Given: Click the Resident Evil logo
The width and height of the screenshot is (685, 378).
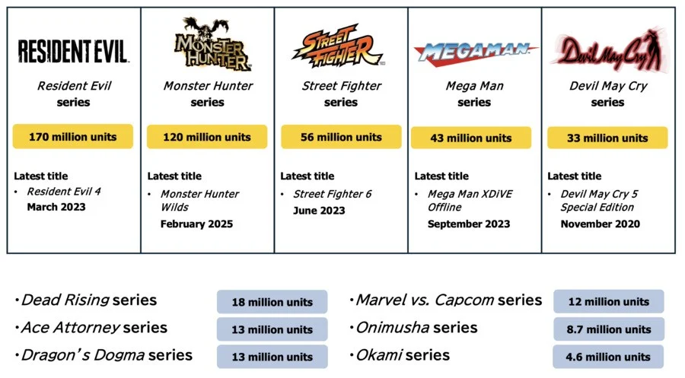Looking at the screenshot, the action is pyautogui.click(x=73, y=51).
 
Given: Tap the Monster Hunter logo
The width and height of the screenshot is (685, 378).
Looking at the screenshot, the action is pyautogui.click(x=211, y=43).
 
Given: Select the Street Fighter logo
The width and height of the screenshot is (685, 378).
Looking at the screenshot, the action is pyautogui.click(x=338, y=46).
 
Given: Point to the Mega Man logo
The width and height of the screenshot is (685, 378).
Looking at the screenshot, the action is pyautogui.click(x=475, y=54).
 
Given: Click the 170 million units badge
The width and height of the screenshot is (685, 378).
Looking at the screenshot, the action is pyautogui.click(x=73, y=137).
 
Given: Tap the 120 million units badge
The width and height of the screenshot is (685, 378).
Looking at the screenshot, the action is pyautogui.click(x=207, y=137).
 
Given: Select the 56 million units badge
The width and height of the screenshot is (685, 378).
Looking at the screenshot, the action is pyautogui.click(x=341, y=137).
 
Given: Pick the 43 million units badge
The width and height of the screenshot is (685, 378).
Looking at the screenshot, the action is pyautogui.click(x=471, y=138).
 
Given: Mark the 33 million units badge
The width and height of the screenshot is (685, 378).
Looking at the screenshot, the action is pyautogui.click(x=607, y=138).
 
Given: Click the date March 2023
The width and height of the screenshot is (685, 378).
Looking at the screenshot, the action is pyautogui.click(x=56, y=207).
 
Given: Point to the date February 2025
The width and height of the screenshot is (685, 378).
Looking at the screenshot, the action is pyautogui.click(x=196, y=224).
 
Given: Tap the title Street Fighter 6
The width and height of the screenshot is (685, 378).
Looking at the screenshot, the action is pyautogui.click(x=333, y=194).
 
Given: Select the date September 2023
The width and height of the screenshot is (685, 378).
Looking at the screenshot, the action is pyautogui.click(x=469, y=224).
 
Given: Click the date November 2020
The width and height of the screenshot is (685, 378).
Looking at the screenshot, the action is pyautogui.click(x=601, y=224).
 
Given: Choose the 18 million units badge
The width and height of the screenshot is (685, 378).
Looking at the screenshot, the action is pyautogui.click(x=272, y=302).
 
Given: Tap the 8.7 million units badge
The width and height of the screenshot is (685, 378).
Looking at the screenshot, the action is pyautogui.click(x=609, y=329).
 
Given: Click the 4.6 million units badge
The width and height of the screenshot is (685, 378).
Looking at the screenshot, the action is pyautogui.click(x=608, y=357).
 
